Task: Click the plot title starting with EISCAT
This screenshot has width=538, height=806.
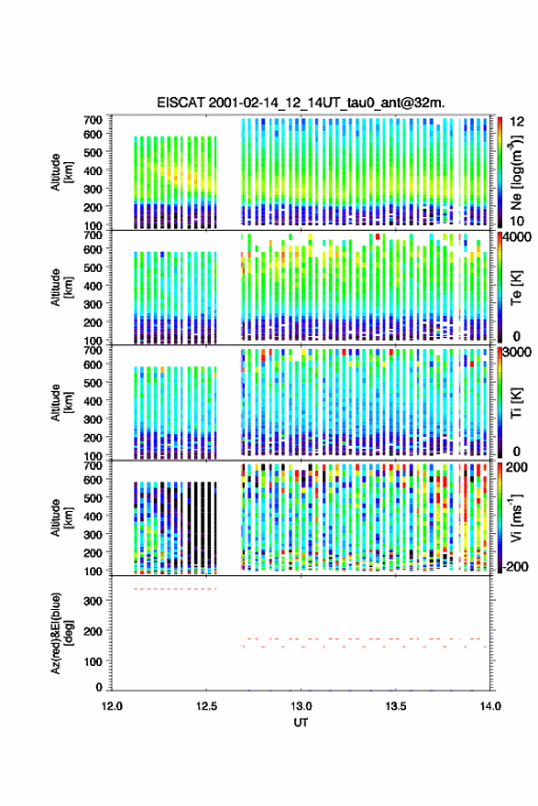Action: (301, 103)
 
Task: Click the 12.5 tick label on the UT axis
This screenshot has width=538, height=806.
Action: (206, 706)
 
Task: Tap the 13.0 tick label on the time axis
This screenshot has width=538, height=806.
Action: (301, 706)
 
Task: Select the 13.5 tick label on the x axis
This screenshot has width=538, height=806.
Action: (396, 706)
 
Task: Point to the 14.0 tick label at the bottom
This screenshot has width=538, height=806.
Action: (490, 706)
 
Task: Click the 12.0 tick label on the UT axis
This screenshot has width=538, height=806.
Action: (112, 706)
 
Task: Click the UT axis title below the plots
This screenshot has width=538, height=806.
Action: (301, 723)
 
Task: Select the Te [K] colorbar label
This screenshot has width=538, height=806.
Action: (517, 288)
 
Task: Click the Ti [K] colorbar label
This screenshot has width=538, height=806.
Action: (517, 402)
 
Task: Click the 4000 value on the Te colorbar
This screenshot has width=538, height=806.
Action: (516, 237)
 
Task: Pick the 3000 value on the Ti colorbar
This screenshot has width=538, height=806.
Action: (516, 352)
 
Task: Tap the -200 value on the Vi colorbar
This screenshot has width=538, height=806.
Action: (515, 566)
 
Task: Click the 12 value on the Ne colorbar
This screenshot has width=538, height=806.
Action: (517, 122)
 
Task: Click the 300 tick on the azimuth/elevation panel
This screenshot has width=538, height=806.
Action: (93, 601)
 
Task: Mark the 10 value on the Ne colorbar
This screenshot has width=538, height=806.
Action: (517, 221)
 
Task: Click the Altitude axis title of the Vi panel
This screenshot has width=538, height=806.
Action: (60, 517)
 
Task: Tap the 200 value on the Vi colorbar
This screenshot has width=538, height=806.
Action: (516, 467)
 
